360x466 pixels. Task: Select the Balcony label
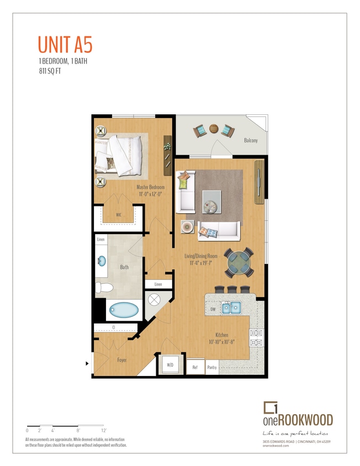tap(251, 140)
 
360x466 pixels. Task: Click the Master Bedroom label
tap(151, 187)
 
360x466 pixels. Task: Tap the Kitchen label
tap(223, 335)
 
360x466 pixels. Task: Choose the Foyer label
tap(122, 360)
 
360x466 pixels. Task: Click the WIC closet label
tap(118, 215)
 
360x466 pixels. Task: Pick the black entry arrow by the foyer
tap(87, 363)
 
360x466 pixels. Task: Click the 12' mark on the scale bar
tap(103, 430)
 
